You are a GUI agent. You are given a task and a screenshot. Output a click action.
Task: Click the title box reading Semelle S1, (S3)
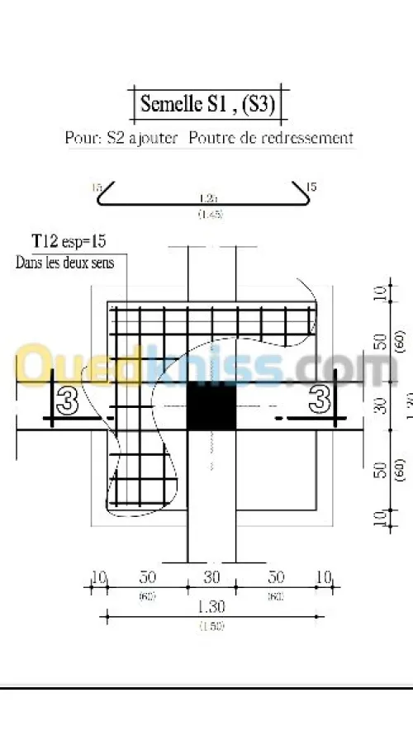[x=209, y=104]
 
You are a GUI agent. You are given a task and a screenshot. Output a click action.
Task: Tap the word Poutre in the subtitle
[x=212, y=138]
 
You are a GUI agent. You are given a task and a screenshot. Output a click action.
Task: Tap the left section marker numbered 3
[x=68, y=401]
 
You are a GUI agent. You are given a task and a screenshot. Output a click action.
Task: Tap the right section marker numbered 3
[x=320, y=401]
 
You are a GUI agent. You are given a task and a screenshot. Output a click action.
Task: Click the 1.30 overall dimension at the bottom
[x=212, y=605]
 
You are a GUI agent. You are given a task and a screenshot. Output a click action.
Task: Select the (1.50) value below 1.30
[x=212, y=625]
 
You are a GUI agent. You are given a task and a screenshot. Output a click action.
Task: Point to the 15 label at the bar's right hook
[x=311, y=187]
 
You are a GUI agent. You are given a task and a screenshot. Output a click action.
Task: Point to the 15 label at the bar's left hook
[x=97, y=187]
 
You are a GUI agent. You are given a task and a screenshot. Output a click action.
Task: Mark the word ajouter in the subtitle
[x=152, y=138]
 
